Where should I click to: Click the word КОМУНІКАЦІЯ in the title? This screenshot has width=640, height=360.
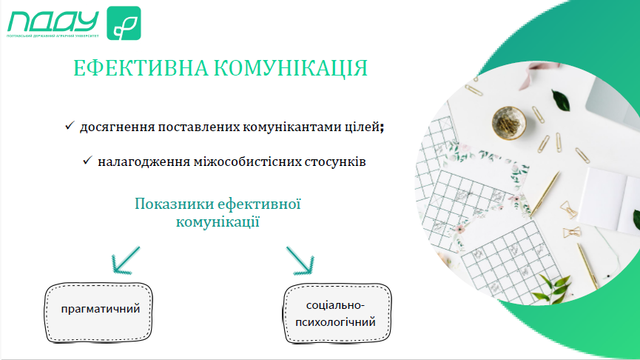pyautogui.click(x=291, y=68)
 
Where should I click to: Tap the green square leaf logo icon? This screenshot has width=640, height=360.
pyautogui.click(x=124, y=23)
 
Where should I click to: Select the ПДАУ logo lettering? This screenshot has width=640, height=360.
pyautogui.click(x=53, y=21)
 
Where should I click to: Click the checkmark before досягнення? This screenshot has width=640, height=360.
pyautogui.click(x=70, y=125)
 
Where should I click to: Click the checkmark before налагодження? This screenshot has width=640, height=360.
pyautogui.click(x=87, y=160)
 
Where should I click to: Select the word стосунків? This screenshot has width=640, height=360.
pyautogui.click(x=335, y=161)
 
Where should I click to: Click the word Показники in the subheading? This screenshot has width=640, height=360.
pyautogui.click(x=174, y=204)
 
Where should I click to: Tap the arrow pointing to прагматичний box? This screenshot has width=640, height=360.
pyautogui.click(x=126, y=260)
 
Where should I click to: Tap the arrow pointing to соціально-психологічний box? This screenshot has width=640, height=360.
pyautogui.click(x=300, y=260)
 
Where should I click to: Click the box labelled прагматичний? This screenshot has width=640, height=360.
pyautogui.click(x=98, y=313)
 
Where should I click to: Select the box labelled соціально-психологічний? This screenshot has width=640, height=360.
pyautogui.click(x=337, y=313)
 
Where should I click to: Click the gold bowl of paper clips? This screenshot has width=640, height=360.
pyautogui.click(x=508, y=122)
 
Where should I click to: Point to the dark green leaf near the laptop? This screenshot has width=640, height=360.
pyautogui.click(x=561, y=101)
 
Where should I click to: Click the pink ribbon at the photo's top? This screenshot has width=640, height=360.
pyautogui.click(x=531, y=77)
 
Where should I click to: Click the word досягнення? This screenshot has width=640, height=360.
pyautogui.click(x=117, y=127)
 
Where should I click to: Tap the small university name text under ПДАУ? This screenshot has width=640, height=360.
pyautogui.click(x=53, y=36)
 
